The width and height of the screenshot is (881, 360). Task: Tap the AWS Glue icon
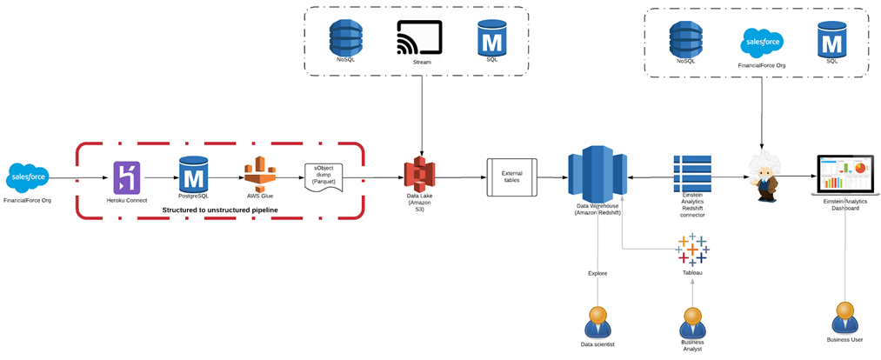[x=259, y=177]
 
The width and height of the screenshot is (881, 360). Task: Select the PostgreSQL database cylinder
[x=192, y=176]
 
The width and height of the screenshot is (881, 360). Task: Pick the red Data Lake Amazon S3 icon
[x=419, y=177]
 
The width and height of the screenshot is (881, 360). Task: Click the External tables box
[x=512, y=177]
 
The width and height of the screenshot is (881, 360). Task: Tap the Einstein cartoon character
[x=765, y=177]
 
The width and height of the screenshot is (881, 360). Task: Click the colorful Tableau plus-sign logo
[x=692, y=250]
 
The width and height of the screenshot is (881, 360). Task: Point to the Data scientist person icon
[x=597, y=323]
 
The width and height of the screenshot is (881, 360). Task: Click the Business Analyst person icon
[x=692, y=323]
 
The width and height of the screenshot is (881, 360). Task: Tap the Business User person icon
[x=843, y=318]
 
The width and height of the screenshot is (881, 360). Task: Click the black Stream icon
[x=420, y=38]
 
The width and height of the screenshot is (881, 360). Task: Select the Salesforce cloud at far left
[x=28, y=177]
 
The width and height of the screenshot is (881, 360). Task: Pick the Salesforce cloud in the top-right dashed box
[x=762, y=42]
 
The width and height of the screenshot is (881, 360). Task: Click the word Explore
[x=597, y=273]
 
